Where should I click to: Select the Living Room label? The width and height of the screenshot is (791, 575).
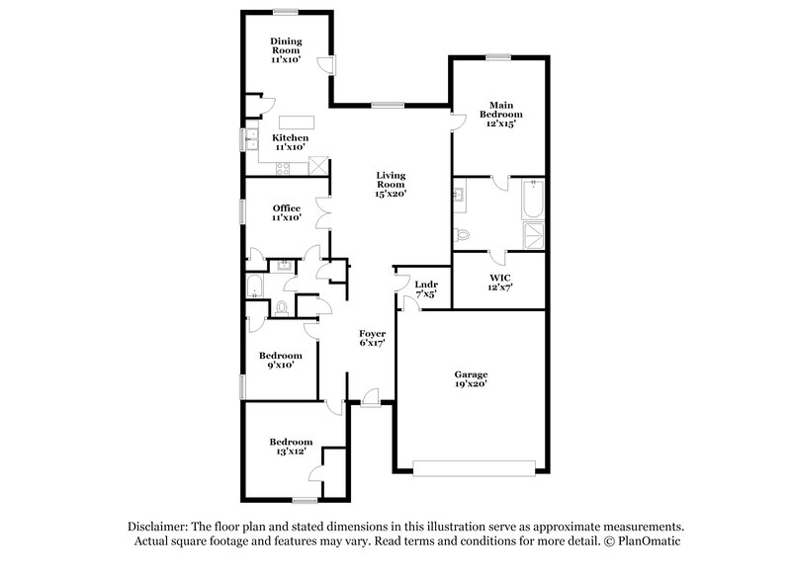pos(391,183)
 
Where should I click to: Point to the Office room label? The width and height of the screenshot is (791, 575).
pos(287,211)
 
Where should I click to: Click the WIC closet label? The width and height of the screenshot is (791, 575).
pos(499,282)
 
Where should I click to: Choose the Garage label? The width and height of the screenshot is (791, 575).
pos(471,378)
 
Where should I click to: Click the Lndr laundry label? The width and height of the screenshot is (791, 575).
pos(426,287)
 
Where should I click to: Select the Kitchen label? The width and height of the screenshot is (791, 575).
pos(291,141)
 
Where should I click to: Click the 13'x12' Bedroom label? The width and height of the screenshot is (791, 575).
pos(290,446)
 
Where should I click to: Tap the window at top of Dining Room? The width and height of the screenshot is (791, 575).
pos(287,12)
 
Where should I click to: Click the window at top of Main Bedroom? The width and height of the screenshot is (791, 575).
pos(498,57)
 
